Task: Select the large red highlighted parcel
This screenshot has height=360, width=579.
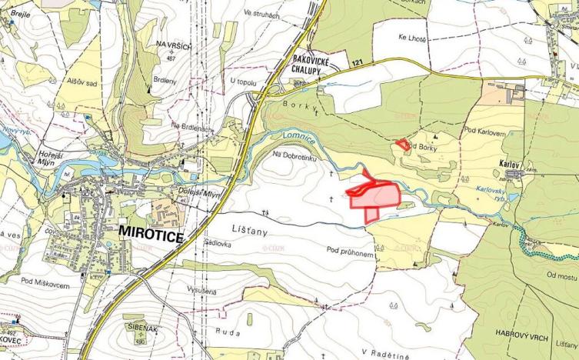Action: pos(374,197)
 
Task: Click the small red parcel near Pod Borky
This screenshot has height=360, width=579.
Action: pos(401,144)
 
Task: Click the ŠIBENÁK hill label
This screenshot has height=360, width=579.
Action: pos(141,327)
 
